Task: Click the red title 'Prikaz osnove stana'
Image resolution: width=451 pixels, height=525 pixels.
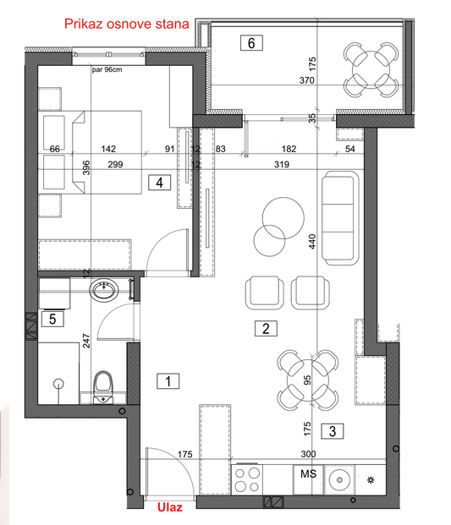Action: pyautogui.click(x=126, y=25)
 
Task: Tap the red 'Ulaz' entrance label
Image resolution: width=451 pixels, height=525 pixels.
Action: pyautogui.click(x=170, y=507)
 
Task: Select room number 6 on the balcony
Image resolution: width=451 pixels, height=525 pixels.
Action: pyautogui.click(x=251, y=43)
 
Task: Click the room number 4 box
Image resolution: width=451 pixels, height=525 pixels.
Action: pyautogui.click(x=159, y=183)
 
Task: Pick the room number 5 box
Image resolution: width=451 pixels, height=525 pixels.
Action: pyautogui.click(x=52, y=319)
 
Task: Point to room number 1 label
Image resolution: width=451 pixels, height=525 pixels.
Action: pyautogui.click(x=168, y=381)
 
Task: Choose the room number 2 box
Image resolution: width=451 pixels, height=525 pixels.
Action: pyautogui.click(x=266, y=329)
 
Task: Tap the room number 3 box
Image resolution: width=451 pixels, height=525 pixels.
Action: pyautogui.click(x=333, y=431)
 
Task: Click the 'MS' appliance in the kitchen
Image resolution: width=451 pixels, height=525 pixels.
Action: pyautogui.click(x=308, y=474)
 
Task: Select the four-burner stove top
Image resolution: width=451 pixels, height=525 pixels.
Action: pyautogui.click(x=247, y=479)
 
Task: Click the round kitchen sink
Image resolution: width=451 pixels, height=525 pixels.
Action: pyautogui.click(x=339, y=480)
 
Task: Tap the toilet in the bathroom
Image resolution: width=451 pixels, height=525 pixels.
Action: pyautogui.click(x=103, y=387)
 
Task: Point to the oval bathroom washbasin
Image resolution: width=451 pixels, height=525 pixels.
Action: pyautogui.click(x=104, y=290)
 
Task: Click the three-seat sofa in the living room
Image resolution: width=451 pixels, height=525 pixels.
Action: pyautogui.click(x=340, y=218)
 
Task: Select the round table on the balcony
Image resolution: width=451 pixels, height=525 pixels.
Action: pyautogui.click(x=371, y=70)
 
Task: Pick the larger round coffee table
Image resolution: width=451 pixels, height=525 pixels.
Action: pyautogui.click(x=283, y=218)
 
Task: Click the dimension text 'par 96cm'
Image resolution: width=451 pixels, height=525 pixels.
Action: pyautogui.click(x=107, y=69)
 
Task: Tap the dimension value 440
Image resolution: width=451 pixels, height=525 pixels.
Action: pyautogui.click(x=312, y=242)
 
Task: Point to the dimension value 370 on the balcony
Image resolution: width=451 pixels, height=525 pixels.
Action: pyautogui.click(x=307, y=80)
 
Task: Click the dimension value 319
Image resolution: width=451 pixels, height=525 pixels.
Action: pyautogui.click(x=282, y=164)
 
